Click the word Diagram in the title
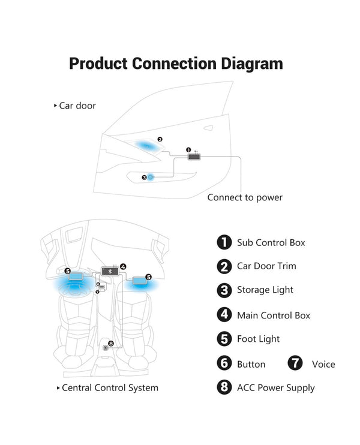pos(247,64)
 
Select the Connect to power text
pos(245,197)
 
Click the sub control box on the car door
pos(194,157)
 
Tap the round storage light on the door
pos(151,177)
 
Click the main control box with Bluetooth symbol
pos(110,271)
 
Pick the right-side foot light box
pos(141,279)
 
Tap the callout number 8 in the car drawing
pos(111,343)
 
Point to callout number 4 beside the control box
pos(123,266)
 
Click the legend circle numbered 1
pos(224,242)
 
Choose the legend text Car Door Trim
pos(266,266)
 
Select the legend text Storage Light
pos(265,290)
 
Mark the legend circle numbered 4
pos(224,315)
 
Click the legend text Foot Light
pos(258,339)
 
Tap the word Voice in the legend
pos(323,364)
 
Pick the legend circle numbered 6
pos(224,363)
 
